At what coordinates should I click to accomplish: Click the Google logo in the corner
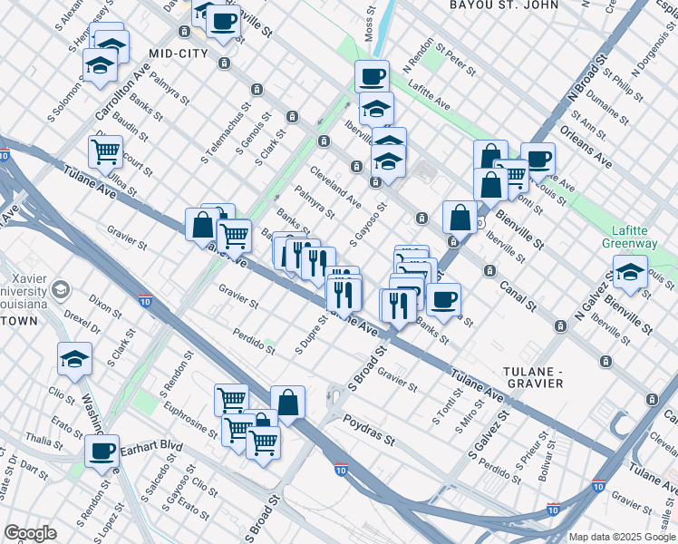[x=30, y=533]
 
